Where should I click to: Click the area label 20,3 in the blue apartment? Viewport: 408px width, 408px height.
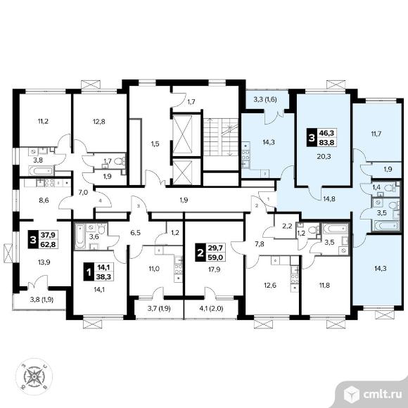click(x=324, y=157)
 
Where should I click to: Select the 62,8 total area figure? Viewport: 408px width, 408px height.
click(x=49, y=245)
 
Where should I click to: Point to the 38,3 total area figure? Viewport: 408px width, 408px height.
click(x=104, y=277)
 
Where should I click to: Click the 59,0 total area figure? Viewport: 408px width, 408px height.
click(x=216, y=257)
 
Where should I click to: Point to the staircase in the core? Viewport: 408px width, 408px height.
click(x=221, y=137)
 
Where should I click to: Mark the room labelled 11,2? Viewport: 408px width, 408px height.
click(x=43, y=121)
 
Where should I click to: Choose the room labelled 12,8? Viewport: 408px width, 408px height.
click(x=99, y=121)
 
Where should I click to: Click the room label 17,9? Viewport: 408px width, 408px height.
click(x=215, y=269)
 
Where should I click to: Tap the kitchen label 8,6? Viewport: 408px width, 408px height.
click(x=44, y=200)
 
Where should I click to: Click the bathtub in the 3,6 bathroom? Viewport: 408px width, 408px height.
click(x=79, y=237)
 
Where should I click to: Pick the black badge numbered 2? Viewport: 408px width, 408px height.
click(x=200, y=253)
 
